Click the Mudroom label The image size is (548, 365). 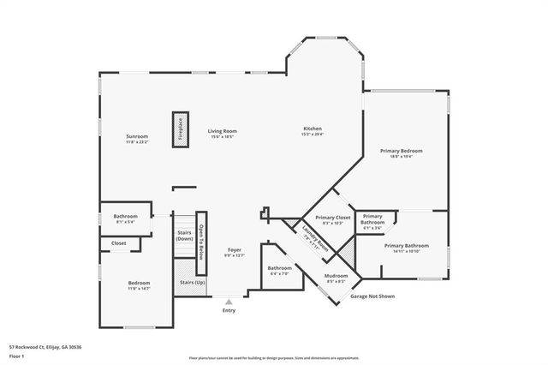point(336,278)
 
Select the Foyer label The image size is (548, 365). point(234,252)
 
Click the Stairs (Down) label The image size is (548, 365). point(184,235)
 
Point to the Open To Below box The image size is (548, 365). point(201,242)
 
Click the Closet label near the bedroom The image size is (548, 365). point(118,244)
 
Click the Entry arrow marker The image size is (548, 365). point(229,302)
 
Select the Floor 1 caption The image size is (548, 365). point(17,356)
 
